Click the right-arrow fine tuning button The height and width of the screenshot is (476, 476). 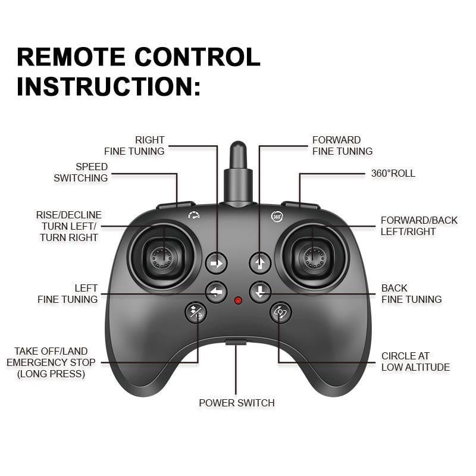217,262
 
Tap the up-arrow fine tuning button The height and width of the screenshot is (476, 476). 260,262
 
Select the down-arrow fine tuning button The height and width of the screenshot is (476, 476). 260,292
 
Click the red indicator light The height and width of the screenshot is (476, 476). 238,300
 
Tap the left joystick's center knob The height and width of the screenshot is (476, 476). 161,256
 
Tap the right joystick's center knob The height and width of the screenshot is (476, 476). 314,256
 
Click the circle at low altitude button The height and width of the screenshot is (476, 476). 280,312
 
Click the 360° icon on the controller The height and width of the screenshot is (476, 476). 277,217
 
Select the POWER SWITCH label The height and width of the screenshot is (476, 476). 237,403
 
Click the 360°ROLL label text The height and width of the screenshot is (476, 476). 393,174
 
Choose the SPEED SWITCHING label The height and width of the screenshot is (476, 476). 82,172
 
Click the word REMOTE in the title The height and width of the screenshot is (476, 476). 70,57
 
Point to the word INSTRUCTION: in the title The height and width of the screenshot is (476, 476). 109,86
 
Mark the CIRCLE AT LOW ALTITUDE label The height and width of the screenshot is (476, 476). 415,362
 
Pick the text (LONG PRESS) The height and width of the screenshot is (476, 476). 51,374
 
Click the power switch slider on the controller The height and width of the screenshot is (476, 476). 236,342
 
